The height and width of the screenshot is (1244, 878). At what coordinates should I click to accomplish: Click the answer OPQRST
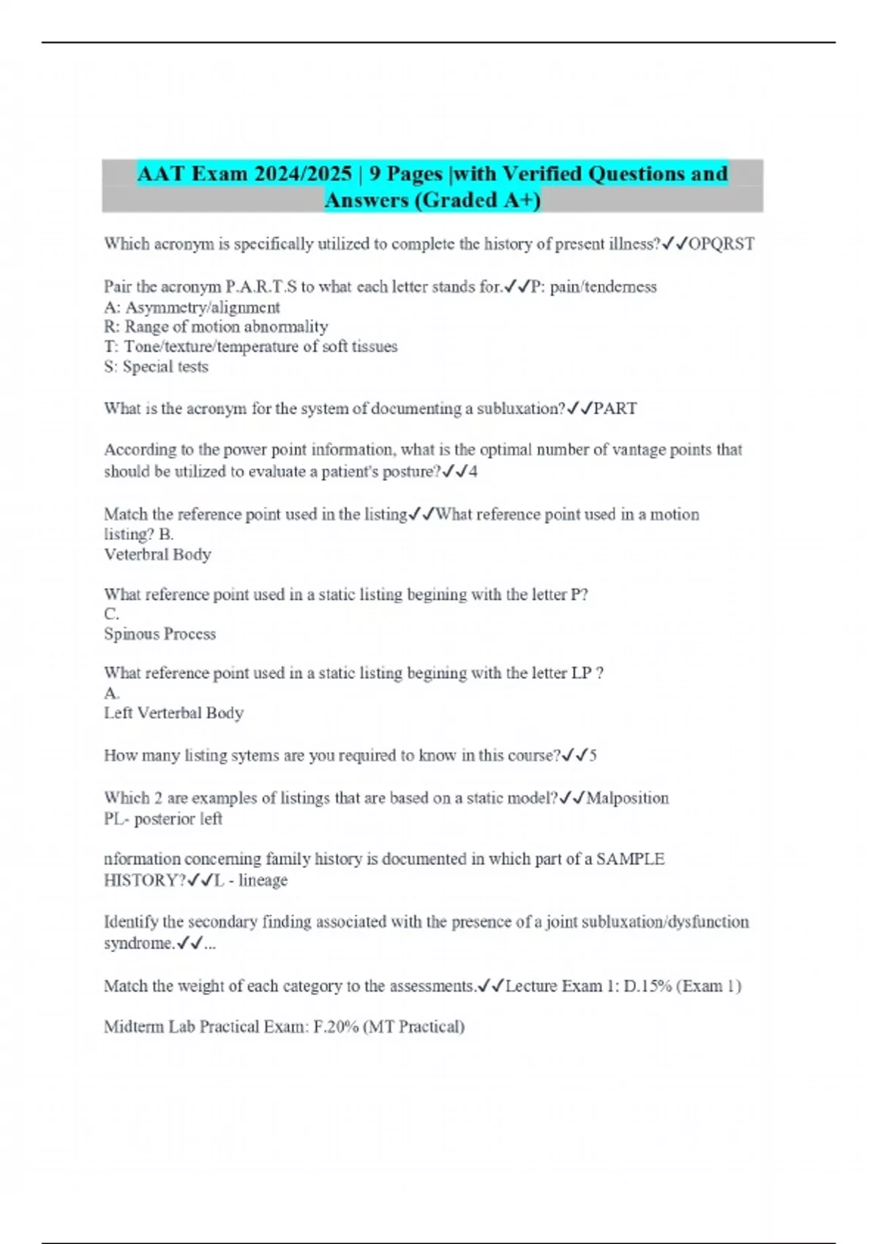coord(721,244)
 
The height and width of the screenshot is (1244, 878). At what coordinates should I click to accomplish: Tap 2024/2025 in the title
coord(303,174)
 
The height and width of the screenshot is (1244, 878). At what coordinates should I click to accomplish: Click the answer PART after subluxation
coord(615,408)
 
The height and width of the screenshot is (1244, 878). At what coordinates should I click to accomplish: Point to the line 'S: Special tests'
coord(156,367)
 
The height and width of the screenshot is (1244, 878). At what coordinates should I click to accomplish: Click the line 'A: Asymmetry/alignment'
coord(192,307)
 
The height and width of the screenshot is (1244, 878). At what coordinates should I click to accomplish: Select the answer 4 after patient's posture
coord(473,472)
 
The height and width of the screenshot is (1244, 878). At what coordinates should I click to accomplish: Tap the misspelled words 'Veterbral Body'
coord(157,555)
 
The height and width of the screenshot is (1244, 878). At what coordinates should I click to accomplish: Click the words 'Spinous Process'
coord(160,634)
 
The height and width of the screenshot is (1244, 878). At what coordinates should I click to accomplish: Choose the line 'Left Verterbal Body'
coord(173,713)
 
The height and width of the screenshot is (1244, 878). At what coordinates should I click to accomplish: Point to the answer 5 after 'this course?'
coord(593,755)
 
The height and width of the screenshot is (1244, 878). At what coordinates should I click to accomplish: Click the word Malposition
coord(627,798)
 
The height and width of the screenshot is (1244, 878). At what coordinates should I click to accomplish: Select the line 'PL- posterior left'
coord(162,819)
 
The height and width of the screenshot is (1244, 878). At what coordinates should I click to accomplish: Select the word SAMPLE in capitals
coord(630,859)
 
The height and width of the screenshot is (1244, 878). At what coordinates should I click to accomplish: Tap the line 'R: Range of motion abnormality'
coord(216,327)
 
